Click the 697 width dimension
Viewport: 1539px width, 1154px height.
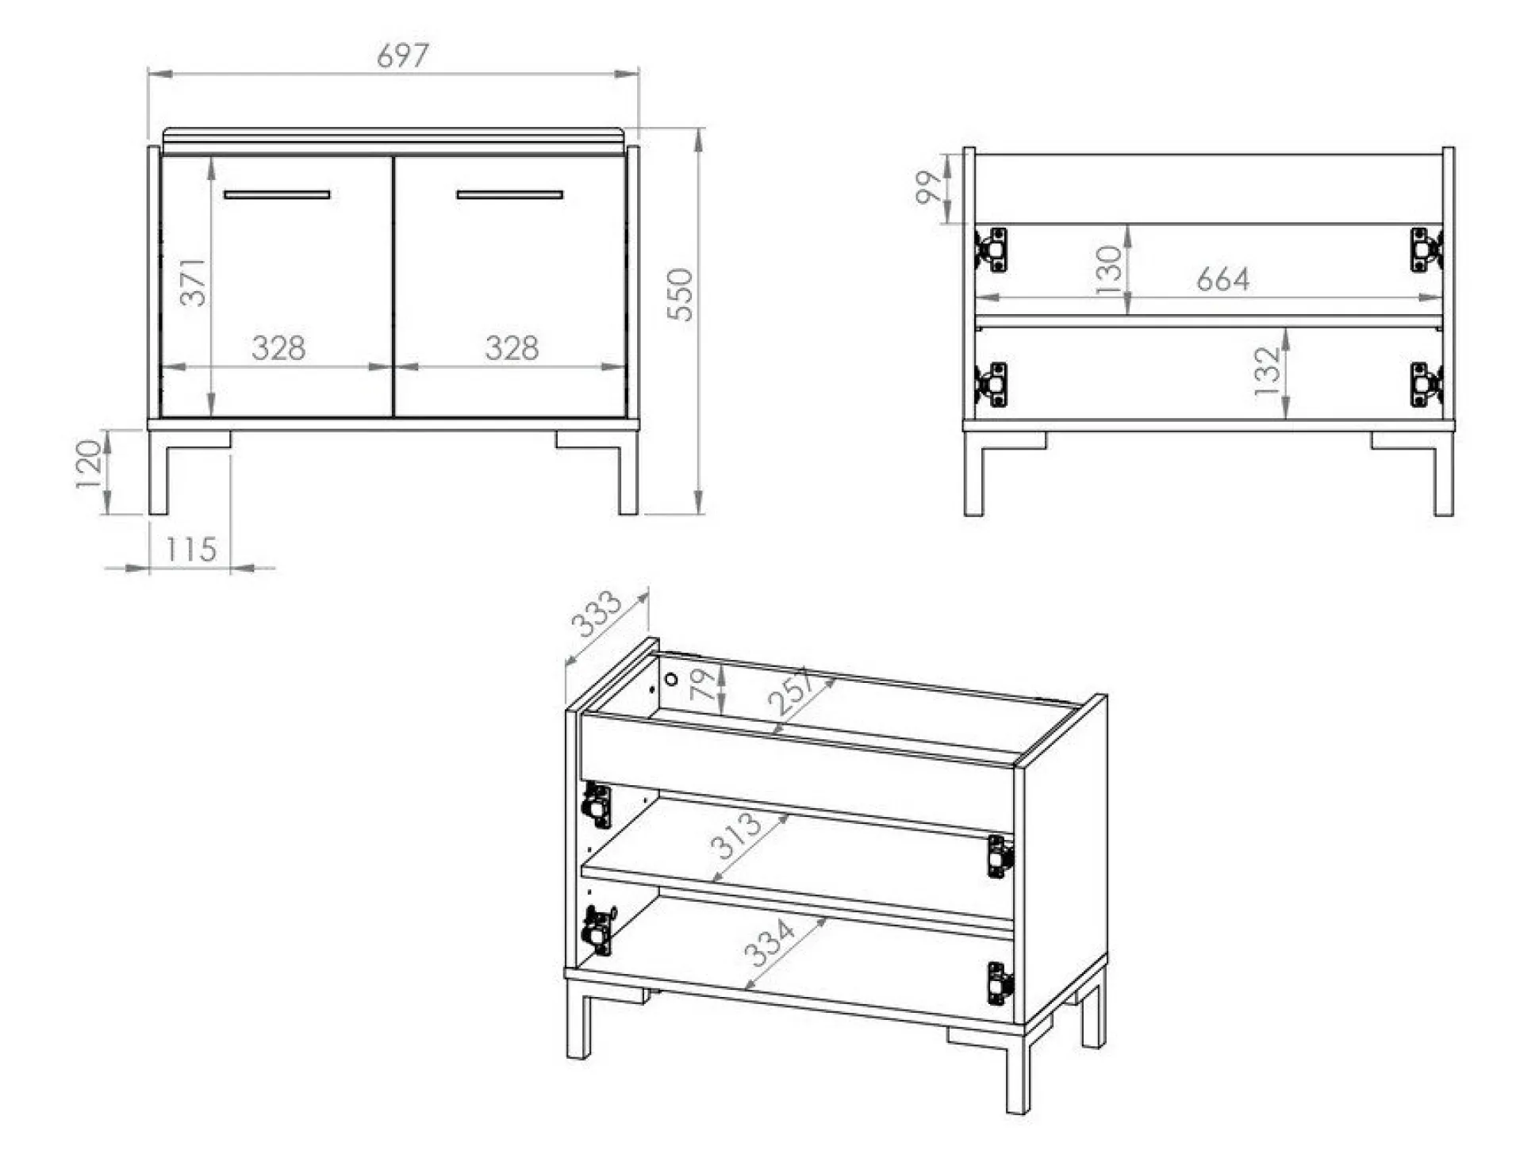402,56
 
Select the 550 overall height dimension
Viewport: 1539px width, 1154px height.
680,294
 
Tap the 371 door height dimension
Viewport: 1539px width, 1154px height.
193,282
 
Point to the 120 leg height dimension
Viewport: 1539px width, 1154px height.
89,465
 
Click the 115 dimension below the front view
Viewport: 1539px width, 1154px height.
190,549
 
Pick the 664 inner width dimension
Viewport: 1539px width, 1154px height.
1222,279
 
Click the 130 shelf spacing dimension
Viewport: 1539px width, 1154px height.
1109,270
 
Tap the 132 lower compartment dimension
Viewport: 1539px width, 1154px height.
1267,371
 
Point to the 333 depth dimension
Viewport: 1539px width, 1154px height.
597,613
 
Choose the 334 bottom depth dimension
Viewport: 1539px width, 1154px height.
769,941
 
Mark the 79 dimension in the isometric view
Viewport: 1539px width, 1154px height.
701,684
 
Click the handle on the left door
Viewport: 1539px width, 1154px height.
277,194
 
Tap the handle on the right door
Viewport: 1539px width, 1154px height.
509,194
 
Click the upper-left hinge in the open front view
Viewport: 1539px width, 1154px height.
992,250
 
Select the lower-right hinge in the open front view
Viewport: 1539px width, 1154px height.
1426,385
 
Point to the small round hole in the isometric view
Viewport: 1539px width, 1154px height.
671,680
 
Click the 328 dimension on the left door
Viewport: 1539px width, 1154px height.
278,347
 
